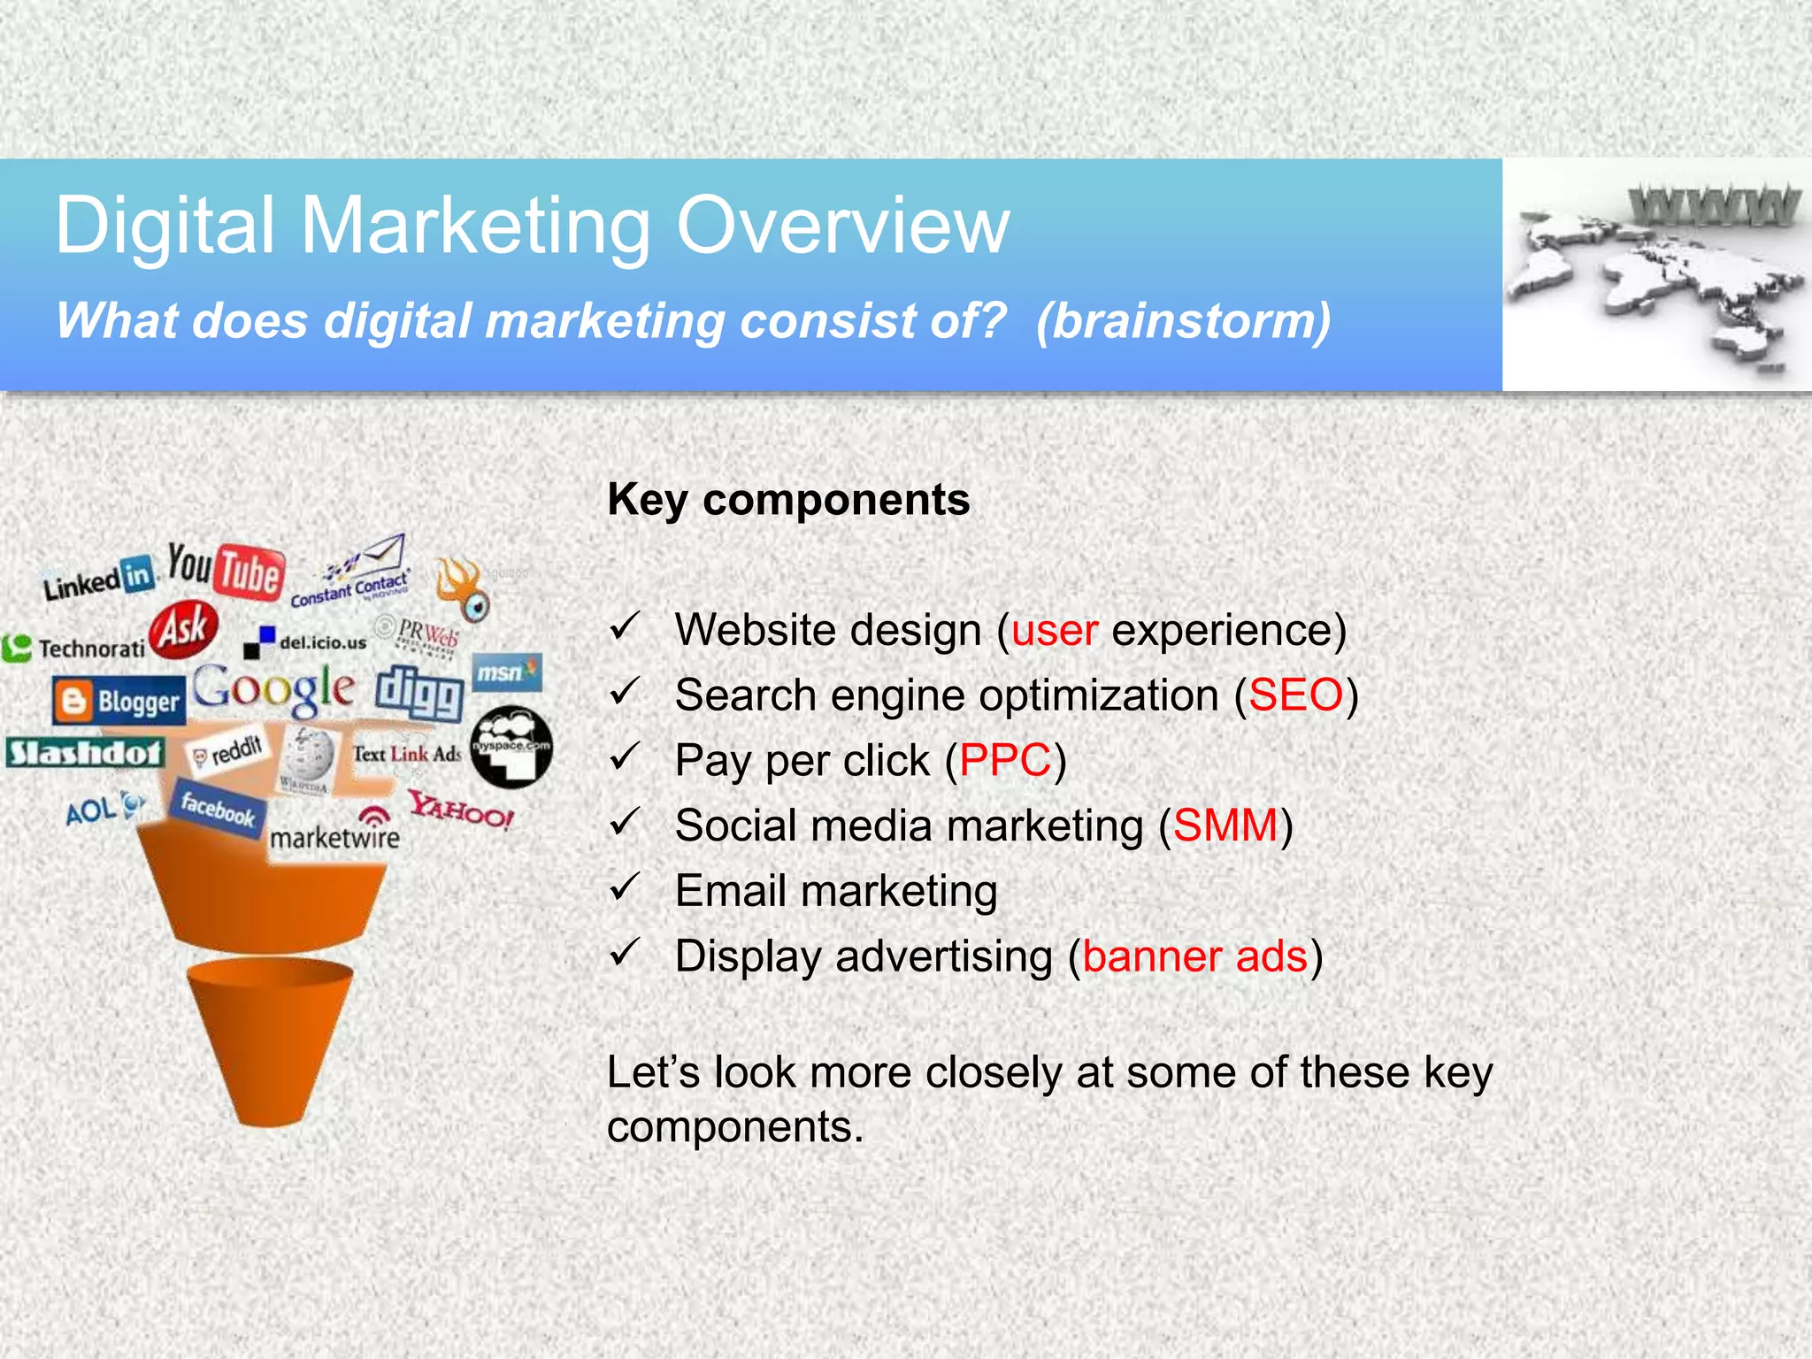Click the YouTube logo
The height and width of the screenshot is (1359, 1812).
227,570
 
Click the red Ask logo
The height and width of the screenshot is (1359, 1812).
183,630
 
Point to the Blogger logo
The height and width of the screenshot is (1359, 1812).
119,702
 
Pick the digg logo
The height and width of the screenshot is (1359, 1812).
419,694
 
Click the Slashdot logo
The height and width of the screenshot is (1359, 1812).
85,753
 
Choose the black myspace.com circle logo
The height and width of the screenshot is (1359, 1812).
511,747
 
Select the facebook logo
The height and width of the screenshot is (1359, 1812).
218,809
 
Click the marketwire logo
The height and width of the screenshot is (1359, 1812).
334,834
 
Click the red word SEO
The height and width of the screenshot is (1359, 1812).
1295,695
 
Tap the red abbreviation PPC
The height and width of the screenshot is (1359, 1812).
1005,761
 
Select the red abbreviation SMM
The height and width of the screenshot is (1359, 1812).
1225,825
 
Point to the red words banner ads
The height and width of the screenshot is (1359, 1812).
1194,956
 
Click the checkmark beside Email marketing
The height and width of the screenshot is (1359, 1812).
625,887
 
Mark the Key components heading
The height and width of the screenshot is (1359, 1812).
788,500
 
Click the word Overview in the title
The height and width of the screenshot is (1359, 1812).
842,226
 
